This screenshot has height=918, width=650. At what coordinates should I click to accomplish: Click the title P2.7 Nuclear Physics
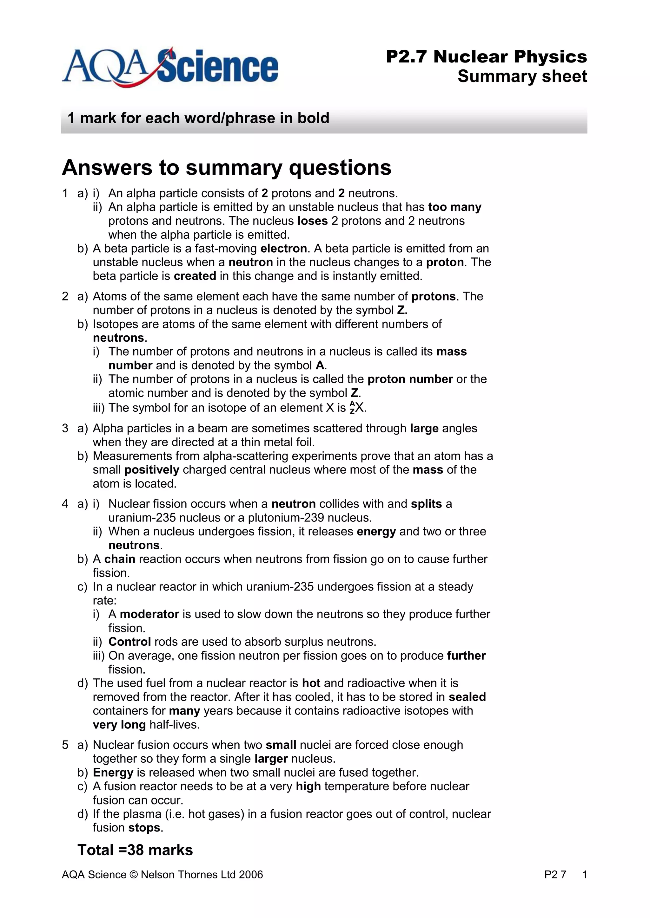(x=486, y=57)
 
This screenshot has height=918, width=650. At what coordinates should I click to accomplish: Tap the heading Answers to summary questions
(x=227, y=167)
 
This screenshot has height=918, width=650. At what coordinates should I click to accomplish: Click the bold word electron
(x=283, y=249)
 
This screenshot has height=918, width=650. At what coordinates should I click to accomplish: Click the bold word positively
(x=151, y=470)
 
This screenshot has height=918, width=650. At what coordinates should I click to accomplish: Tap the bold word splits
(x=426, y=504)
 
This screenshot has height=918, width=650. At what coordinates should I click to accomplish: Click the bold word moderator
(x=149, y=614)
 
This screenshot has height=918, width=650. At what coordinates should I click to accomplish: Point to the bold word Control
(x=129, y=642)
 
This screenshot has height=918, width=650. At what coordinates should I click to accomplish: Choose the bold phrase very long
(x=119, y=725)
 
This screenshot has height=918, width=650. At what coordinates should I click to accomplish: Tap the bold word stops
(x=144, y=828)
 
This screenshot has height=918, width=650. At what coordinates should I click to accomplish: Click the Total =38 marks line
(x=135, y=850)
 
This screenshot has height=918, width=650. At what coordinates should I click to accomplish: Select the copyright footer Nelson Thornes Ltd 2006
(x=162, y=875)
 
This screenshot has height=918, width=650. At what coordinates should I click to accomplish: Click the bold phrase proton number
(x=410, y=379)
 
